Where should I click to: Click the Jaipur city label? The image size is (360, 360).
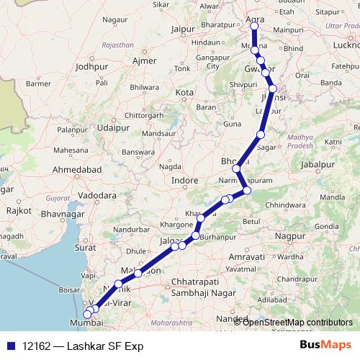coord(184,30)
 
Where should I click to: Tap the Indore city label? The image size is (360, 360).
coord(185,180)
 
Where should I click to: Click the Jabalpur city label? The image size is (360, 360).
coord(319,165)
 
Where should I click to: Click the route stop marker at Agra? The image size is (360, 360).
coord(253,27)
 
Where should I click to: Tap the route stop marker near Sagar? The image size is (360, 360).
coord(261,135)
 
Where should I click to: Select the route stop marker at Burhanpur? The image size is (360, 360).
coord(196,235)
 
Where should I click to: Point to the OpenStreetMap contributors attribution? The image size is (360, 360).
coord(297,323)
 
